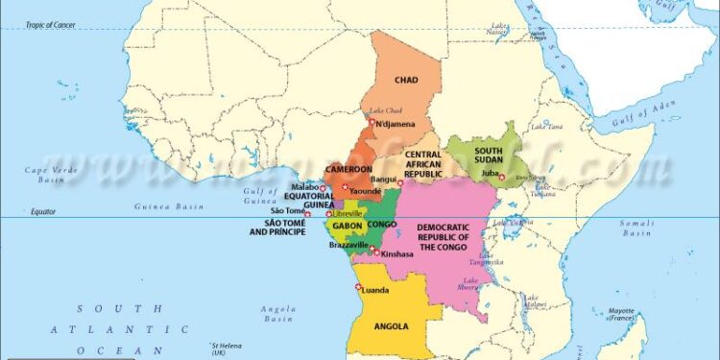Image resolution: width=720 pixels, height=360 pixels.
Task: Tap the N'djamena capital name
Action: coord(396,124)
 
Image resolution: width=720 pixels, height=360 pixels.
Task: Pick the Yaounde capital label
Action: coord(366,191)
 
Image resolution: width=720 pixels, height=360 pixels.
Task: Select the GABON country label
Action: coord(347,226)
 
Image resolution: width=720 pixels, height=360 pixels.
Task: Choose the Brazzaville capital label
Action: coord(348,245)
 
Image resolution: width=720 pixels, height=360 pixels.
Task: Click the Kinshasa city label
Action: coord(397,254)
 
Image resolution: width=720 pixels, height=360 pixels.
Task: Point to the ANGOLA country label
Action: coord(392,325)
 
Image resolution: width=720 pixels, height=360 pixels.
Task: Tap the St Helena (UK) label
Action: coord(227,348)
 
